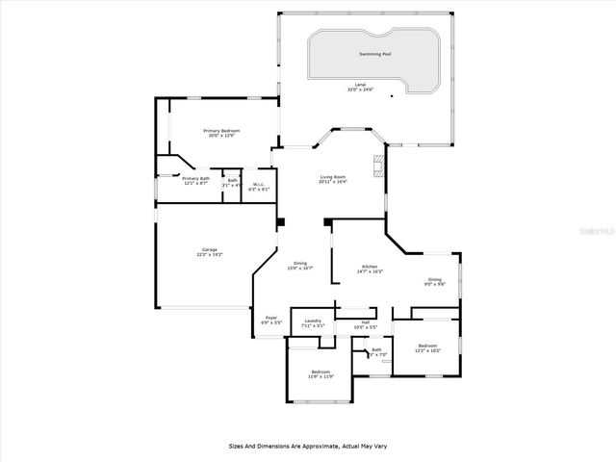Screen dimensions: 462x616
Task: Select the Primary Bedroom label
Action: [x=220, y=131]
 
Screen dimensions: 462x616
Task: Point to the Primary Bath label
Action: [x=196, y=178]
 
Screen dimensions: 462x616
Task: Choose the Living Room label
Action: [x=333, y=177]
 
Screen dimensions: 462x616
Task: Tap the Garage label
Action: [x=209, y=250]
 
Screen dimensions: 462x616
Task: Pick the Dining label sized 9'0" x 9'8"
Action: [x=436, y=280]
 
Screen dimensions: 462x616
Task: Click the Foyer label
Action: [x=271, y=320]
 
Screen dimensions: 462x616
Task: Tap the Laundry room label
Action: [x=313, y=321]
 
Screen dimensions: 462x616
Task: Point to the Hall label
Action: [x=366, y=322]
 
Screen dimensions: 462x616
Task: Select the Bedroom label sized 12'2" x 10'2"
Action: [x=428, y=346]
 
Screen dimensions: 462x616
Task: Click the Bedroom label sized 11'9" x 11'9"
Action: [x=321, y=372]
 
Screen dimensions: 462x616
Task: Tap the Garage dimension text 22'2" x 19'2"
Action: [x=209, y=255]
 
